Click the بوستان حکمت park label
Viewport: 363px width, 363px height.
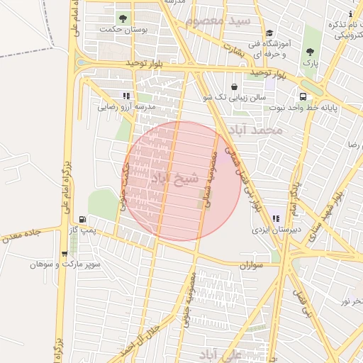125,30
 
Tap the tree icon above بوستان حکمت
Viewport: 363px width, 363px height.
124,18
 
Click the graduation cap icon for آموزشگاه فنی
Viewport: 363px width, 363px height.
269,33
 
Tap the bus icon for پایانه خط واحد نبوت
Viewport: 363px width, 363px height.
303,96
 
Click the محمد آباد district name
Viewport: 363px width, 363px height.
261,131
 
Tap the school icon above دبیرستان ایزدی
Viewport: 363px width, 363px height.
275,219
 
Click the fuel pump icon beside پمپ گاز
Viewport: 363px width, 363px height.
84,220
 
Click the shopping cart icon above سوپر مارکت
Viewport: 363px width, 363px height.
65,253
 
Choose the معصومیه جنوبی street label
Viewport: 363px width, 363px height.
190,301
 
